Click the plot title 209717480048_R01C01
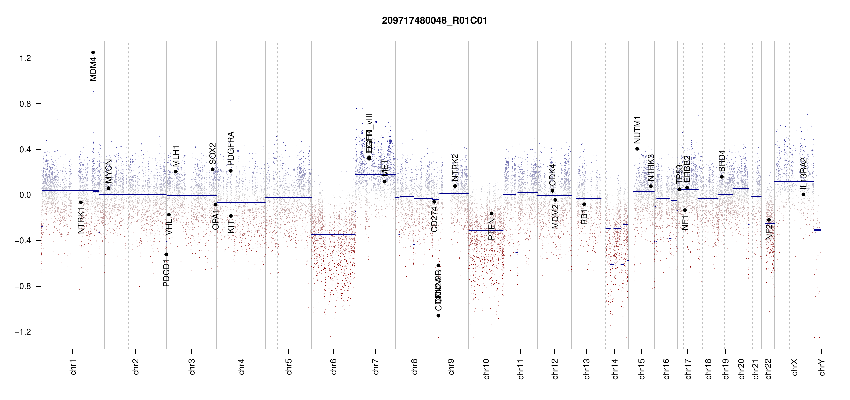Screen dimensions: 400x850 coord(434,21)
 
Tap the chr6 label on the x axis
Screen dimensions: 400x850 coord(334,367)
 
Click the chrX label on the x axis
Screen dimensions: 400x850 coord(795,367)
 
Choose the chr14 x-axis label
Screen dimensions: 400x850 coord(615,369)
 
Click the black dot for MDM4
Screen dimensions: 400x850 coord(93,52)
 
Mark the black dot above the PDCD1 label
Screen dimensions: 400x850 coord(166,254)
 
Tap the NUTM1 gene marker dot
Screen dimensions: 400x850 coord(637,149)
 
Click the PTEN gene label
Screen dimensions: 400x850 coord(491,229)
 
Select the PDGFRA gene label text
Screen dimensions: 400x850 coord(231,149)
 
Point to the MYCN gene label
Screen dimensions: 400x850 coord(109,171)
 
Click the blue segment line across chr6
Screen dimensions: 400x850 coord(333,235)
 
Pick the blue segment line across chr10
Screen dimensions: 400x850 coord(486,231)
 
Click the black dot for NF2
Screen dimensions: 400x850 coord(769,220)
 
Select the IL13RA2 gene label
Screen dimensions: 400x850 coord(804,173)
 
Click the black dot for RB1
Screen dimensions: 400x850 coord(584,204)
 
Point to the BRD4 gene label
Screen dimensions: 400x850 coord(722,161)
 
